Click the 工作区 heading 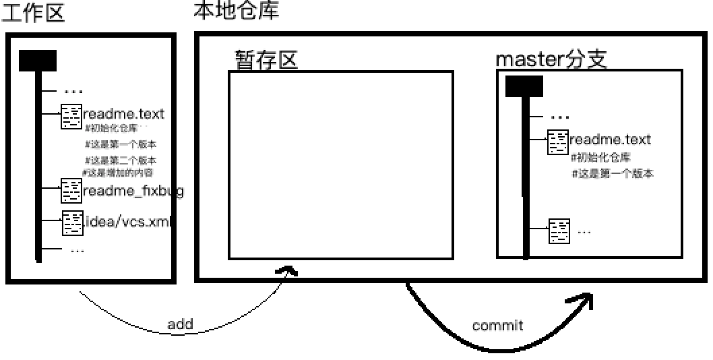[33, 13]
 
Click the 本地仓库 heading [236, 11]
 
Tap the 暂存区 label [266, 60]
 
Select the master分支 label [552, 59]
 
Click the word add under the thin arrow [180, 324]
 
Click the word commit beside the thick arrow [497, 326]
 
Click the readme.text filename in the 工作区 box [123, 114]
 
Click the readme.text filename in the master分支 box [610, 140]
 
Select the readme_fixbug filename [133, 191]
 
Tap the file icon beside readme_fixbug [71, 191]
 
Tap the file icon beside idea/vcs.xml [72, 222]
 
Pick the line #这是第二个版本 [121, 160]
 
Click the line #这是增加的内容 [117, 172]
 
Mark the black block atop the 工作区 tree [38, 61]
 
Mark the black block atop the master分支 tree [524, 86]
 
